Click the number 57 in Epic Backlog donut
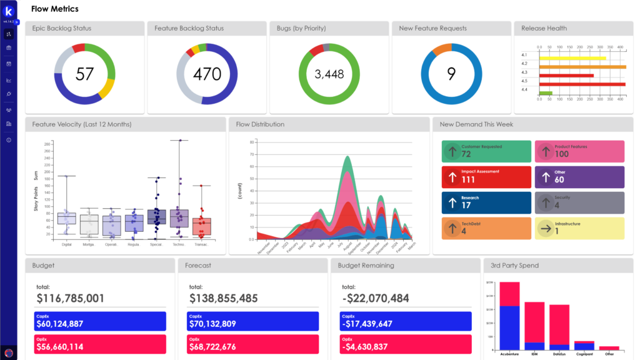point(84,74)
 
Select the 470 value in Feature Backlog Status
point(207,74)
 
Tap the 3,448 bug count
point(329,74)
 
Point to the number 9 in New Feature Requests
point(451,74)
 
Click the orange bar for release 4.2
point(582,66)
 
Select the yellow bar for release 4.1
point(572,58)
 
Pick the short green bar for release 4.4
point(546,93)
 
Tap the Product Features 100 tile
point(579,151)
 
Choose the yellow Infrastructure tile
point(579,228)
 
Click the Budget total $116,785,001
point(71,299)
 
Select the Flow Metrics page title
point(55,9)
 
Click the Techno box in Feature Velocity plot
point(179,218)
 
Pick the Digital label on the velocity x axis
point(66,244)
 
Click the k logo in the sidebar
point(9,12)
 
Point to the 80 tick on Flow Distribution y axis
point(251,142)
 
